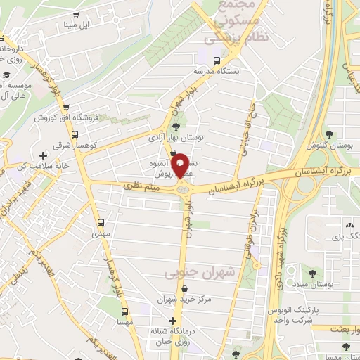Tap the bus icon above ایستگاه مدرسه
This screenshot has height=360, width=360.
coord(217,60)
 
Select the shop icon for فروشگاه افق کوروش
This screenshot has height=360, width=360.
coord(66,108)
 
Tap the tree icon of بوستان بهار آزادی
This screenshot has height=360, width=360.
coord(175,127)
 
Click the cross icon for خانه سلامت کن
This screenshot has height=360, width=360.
coord(44,155)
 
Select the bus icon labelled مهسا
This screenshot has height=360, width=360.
coord(124,311)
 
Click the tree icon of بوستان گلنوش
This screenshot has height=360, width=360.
coord(330,134)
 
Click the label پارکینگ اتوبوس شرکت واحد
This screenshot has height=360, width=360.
coord(295,315)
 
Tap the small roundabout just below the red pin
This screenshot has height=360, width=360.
coord(184,188)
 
